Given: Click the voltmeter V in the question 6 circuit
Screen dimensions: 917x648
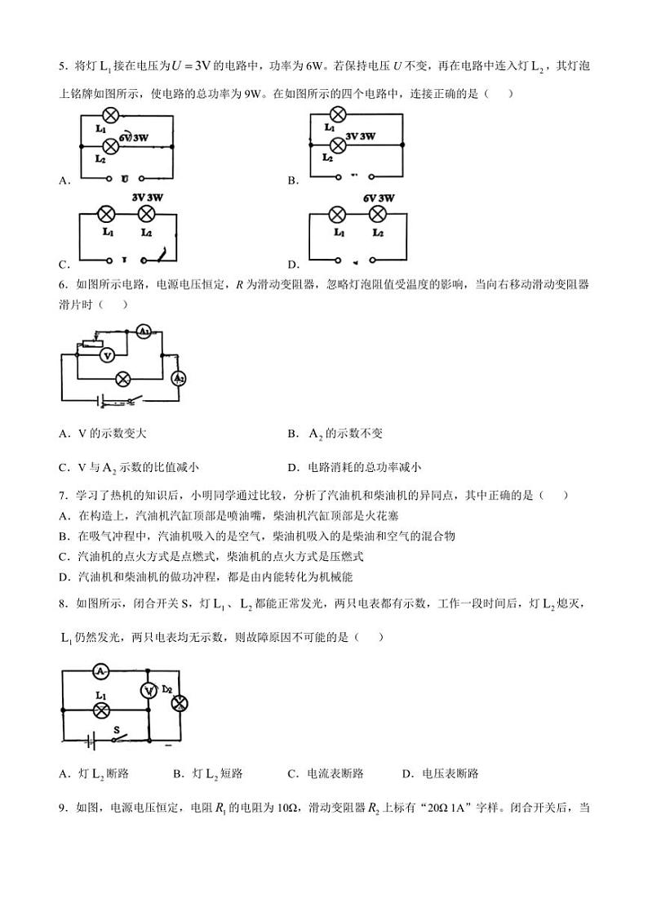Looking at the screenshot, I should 106,354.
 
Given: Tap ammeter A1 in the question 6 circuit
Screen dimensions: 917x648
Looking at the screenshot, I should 143,332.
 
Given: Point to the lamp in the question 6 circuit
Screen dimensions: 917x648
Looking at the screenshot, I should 122,379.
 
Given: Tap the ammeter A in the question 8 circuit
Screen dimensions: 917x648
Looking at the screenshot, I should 100,670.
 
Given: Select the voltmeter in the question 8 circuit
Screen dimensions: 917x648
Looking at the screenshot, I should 149,690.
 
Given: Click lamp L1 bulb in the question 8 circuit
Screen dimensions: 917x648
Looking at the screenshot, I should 101,710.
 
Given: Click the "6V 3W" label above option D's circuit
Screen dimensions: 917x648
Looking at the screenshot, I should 378,198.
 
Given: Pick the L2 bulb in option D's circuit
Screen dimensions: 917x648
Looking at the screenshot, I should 377,215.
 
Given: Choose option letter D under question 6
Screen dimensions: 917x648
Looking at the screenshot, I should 292,468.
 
